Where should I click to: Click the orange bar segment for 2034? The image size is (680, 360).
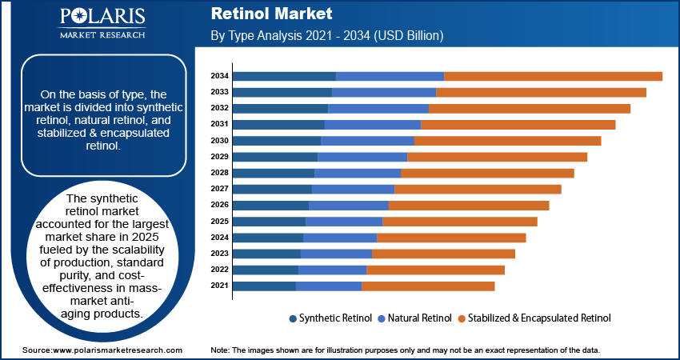click(553, 76)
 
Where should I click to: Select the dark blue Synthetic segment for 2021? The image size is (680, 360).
click(264, 286)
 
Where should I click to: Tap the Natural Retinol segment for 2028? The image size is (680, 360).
click(358, 173)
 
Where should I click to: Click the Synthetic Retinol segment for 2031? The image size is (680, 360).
click(278, 124)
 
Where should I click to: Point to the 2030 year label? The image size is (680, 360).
click(220, 140)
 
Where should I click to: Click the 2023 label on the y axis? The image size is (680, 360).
click(220, 254)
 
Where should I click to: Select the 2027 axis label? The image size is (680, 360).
click(220, 189)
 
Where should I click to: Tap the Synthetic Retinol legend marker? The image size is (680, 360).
click(293, 318)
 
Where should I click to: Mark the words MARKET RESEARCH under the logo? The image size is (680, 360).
click(102, 35)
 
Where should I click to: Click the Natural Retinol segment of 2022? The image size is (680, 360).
click(332, 270)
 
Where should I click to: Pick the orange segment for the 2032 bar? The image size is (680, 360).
click(530, 108)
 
